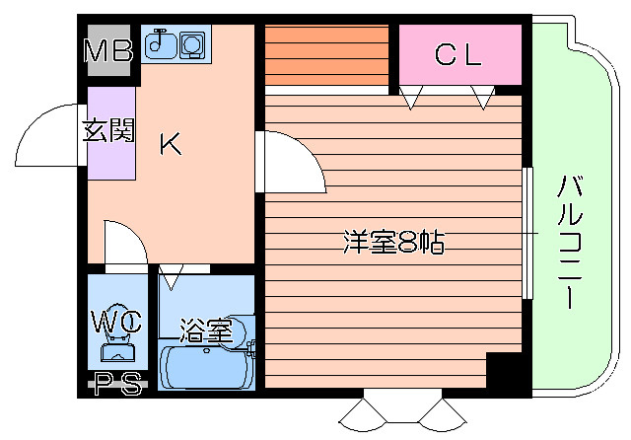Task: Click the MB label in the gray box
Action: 108,52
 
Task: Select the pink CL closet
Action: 459,55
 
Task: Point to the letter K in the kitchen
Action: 171,145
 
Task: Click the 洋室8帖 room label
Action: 388,241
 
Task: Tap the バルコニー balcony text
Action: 571,240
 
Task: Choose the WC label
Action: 117,321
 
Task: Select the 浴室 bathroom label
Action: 205,330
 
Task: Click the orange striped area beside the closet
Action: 327,55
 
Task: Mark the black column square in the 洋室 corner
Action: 504,373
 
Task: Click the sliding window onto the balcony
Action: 527,233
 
